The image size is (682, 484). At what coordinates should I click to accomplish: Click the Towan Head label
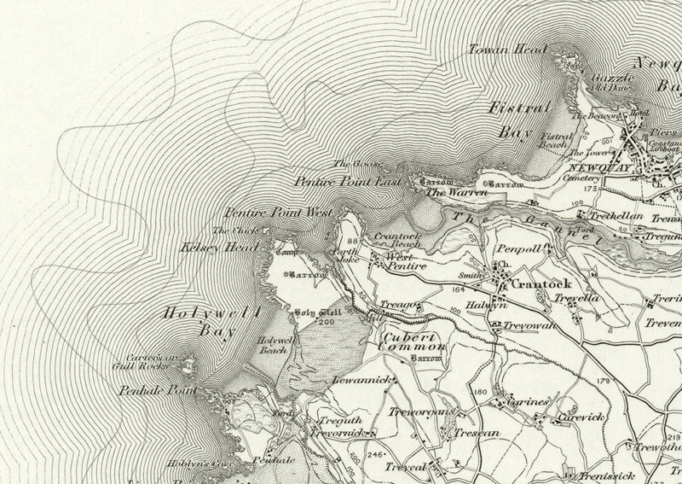tap(507, 50)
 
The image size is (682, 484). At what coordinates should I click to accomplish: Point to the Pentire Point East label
tap(340, 181)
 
